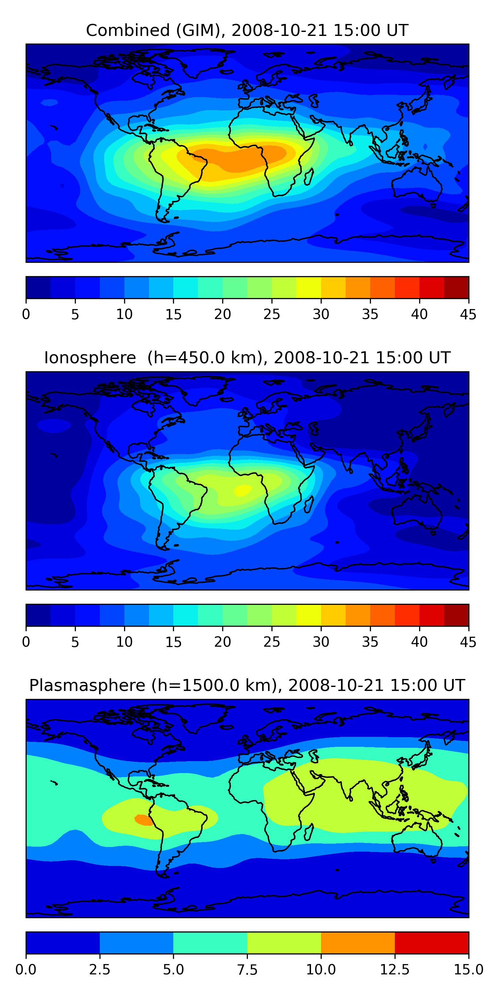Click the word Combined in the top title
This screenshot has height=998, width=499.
128,30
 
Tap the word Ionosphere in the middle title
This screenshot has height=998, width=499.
90,358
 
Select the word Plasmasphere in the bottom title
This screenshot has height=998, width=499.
87,685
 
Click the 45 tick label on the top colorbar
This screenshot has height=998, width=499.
468,314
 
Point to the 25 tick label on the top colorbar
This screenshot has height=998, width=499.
271,314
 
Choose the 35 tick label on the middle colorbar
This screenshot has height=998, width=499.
370,642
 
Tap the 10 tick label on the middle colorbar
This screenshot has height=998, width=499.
124,642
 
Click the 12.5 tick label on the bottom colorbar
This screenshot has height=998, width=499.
395,970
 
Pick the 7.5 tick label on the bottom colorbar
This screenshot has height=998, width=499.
247,970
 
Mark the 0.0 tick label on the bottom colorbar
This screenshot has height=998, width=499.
26,970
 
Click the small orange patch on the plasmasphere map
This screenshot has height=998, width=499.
143,820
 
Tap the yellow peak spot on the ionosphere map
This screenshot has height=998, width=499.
243,490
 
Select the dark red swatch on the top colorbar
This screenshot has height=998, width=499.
456,287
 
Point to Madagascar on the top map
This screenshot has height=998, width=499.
309,177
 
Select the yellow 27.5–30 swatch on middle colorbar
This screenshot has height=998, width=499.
308,615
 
